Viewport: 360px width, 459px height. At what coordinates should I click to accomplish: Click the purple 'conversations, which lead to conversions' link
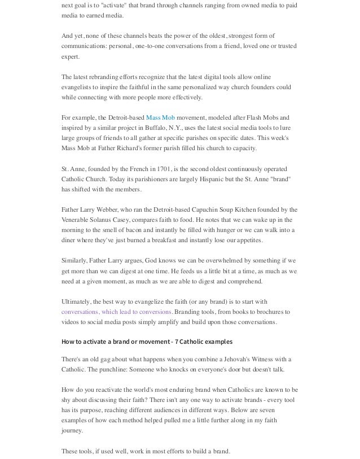tap(116, 312)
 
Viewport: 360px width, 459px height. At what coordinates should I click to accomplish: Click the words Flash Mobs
tap(258, 117)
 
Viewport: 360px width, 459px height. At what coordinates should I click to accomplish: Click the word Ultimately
tap(77, 301)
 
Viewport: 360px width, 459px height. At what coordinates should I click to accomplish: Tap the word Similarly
tap(74, 260)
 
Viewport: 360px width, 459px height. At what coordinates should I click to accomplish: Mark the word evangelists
tap(77, 87)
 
